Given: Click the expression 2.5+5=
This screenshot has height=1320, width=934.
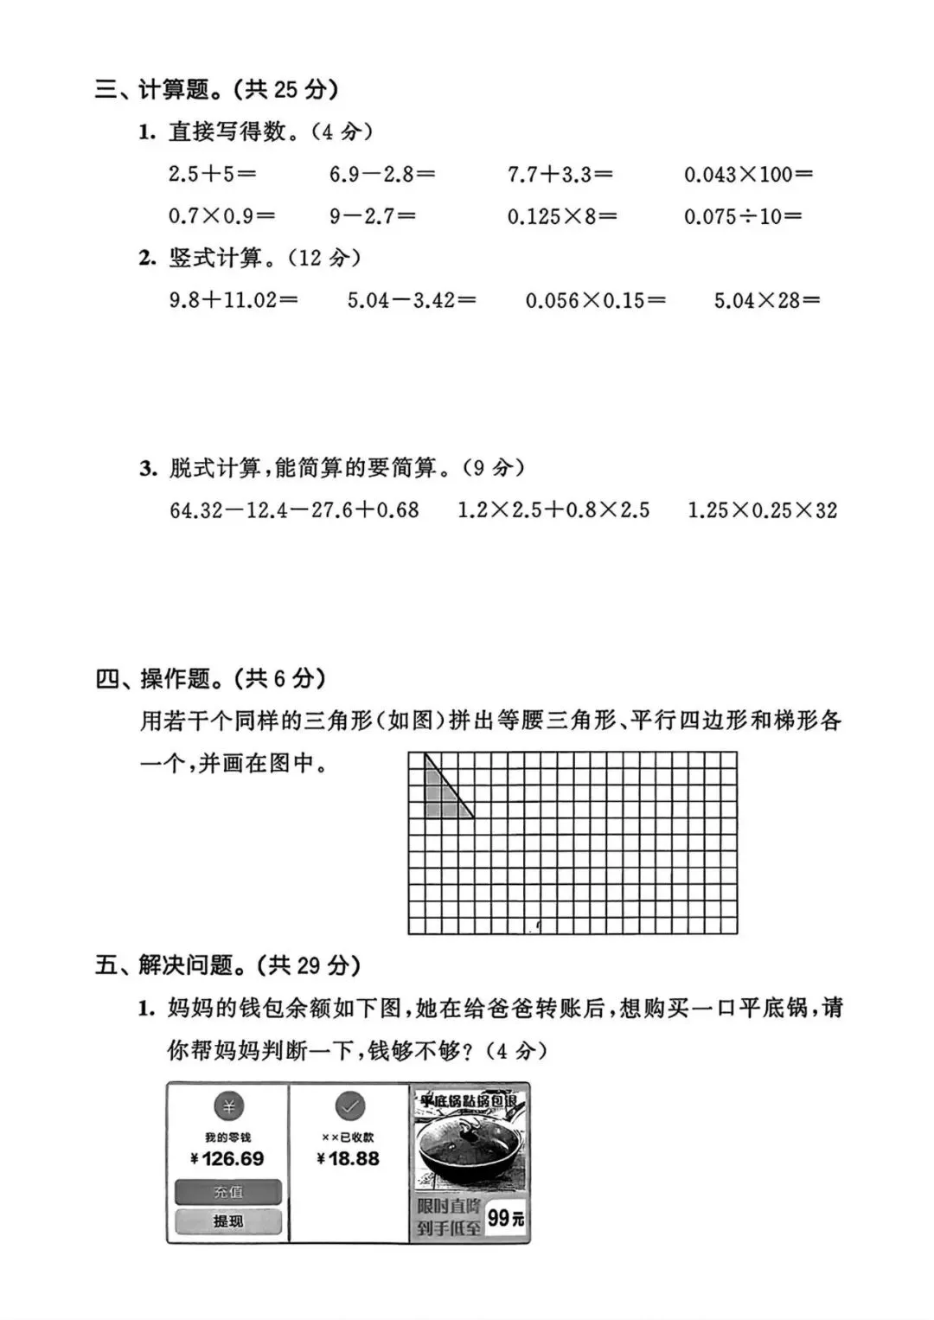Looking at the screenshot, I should (212, 174).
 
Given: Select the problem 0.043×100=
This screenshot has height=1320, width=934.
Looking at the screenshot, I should (748, 174).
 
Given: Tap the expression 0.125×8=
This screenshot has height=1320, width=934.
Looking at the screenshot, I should (562, 216).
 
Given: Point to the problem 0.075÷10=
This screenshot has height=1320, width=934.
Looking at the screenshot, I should (743, 216).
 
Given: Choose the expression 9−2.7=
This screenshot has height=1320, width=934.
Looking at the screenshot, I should (372, 216).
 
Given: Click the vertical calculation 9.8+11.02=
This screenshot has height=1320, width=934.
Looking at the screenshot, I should (233, 300).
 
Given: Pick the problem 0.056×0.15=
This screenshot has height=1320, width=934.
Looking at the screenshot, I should (596, 300).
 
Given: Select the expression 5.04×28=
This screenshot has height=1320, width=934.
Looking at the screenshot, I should (766, 300).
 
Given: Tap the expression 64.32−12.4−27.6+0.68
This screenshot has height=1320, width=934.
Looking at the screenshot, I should (294, 510).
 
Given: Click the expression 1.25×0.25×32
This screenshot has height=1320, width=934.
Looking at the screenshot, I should (762, 510).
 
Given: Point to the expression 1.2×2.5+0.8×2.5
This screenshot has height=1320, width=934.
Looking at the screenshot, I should (553, 510).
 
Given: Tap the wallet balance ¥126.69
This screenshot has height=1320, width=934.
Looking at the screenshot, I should (227, 1158).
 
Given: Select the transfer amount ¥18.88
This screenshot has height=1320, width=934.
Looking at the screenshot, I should (349, 1158).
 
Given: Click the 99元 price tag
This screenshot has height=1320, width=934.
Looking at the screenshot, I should (505, 1219).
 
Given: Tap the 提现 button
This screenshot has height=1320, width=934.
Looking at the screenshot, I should (228, 1221).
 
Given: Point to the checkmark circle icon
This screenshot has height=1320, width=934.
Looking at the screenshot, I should (349, 1105).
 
